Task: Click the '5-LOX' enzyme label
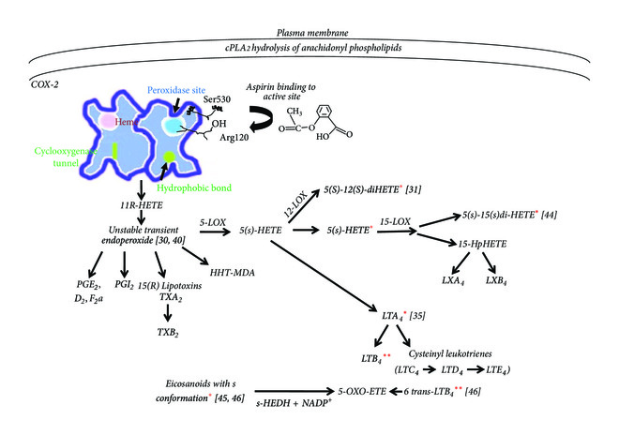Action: (214, 224)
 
